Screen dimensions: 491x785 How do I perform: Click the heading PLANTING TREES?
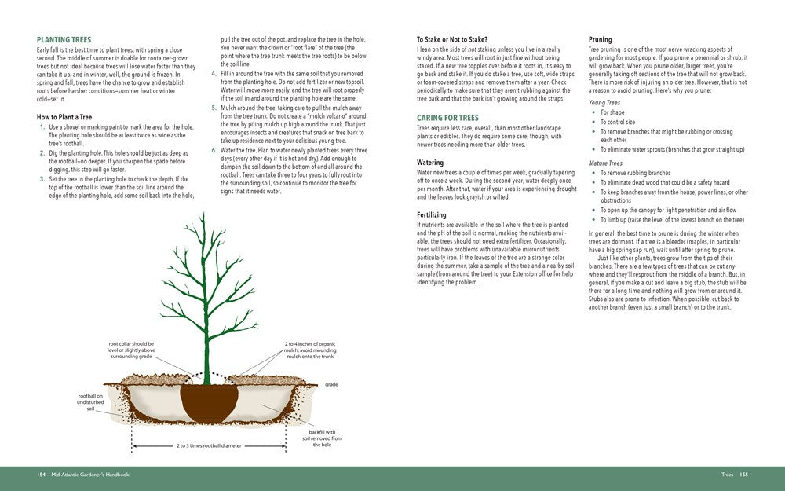coord(64,40)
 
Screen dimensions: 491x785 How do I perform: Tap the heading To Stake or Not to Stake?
coord(451,40)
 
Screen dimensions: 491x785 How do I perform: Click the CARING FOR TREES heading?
coord(447,118)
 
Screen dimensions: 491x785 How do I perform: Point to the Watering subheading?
coord(429,163)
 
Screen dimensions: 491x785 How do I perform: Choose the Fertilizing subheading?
coord(432,214)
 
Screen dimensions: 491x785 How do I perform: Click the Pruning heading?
coord(601,40)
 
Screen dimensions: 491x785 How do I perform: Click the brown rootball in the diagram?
coord(209,400)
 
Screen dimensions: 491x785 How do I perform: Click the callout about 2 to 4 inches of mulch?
coord(310,350)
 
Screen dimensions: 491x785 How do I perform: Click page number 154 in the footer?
coord(41,475)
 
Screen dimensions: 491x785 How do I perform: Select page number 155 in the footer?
coord(743,475)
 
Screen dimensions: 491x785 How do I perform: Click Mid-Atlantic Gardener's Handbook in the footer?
coord(89,475)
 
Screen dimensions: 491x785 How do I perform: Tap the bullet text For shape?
coord(612,112)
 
